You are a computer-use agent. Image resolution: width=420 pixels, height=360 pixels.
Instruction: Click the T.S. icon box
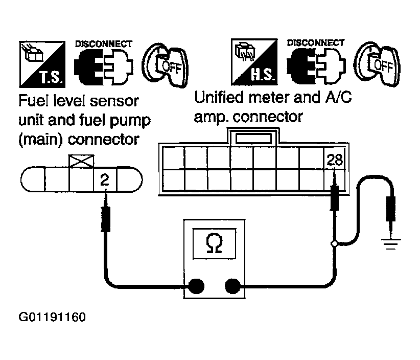[42, 64]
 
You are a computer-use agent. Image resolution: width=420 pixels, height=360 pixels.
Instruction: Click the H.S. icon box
[254, 62]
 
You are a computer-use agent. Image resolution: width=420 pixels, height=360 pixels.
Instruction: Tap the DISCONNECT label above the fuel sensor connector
[104, 43]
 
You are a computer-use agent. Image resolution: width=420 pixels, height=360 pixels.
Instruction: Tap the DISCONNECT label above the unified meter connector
[316, 42]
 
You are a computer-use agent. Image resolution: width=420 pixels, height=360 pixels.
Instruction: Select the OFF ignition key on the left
[166, 65]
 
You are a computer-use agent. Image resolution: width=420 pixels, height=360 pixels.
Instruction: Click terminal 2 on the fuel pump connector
[105, 179]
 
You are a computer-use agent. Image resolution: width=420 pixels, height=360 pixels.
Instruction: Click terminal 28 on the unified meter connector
[335, 160]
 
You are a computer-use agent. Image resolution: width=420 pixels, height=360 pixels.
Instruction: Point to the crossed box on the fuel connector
[81, 161]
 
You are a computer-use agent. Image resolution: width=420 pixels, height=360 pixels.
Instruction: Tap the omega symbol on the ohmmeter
[214, 243]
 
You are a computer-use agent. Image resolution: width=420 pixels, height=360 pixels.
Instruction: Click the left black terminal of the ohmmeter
[196, 286]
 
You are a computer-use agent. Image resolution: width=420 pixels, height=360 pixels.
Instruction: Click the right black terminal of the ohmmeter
[232, 286]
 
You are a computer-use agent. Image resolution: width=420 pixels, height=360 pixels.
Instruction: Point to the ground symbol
[390, 243]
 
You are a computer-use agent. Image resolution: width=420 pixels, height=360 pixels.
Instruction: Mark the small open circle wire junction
[334, 243]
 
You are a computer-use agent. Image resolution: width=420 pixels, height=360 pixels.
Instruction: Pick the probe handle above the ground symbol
[390, 209]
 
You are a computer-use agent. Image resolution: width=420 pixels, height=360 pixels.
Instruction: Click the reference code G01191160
[52, 317]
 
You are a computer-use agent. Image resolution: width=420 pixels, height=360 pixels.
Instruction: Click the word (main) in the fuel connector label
[41, 140]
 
